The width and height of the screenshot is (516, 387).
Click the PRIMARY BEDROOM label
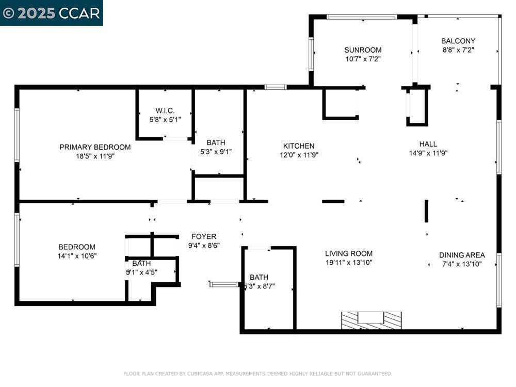pos(95,147)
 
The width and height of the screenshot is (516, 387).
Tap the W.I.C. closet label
pos(165,110)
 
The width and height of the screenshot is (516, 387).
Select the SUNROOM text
pos(363,50)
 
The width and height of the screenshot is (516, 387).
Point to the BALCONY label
pos(458,41)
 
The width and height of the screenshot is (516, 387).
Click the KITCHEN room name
pos(299,146)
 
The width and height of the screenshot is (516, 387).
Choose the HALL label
pos(428,144)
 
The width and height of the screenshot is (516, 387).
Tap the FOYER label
pos(204,237)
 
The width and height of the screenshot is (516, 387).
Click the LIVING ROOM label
pos(349,253)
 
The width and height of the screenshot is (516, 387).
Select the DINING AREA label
pos(462,255)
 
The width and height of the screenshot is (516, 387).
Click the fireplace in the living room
pos(371,319)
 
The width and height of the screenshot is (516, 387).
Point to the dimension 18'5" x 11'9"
pos(95,156)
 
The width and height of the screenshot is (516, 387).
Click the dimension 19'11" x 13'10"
pos(349,262)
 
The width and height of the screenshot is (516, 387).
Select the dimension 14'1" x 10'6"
pos(77,255)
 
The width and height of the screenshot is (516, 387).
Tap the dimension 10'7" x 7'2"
pos(363,59)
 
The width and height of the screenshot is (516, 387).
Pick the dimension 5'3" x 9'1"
pos(216,152)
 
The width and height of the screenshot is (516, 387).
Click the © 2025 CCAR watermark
pos(51,13)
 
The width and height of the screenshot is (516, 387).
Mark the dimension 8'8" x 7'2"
pos(458,50)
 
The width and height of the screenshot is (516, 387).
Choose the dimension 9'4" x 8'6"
pos(204,246)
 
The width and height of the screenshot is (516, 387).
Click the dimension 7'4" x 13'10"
pos(462,264)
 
